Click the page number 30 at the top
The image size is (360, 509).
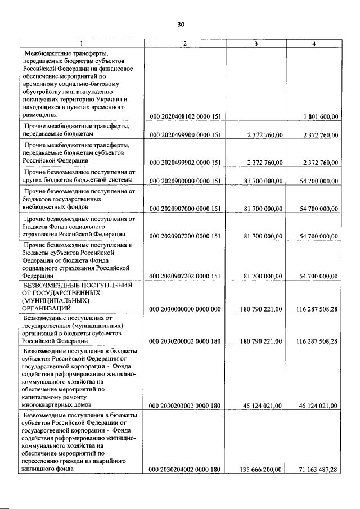[181, 24]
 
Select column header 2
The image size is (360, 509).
[185, 43]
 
